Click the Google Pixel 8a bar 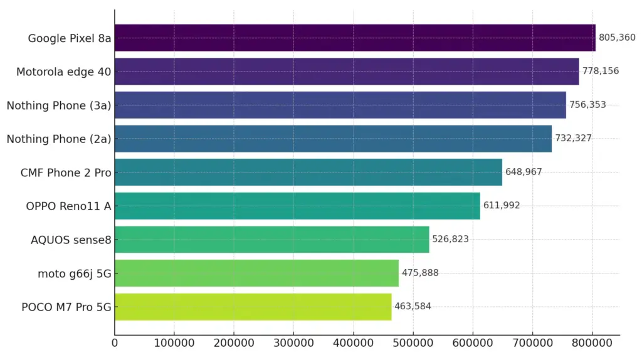point(355,38)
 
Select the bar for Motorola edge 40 point(347,71)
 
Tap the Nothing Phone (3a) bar point(340,105)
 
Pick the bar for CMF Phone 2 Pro point(308,172)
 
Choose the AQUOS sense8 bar point(271,239)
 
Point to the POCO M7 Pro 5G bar point(253,307)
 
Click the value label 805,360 point(617,38)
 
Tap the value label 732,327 point(573,139)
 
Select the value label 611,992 point(501,206)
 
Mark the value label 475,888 point(420,273)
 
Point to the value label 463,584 point(413,307)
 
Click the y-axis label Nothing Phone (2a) point(59,139)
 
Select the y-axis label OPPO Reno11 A point(68,206)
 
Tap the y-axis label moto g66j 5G point(74,273)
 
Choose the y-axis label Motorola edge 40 point(64,72)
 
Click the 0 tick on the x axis point(115,344)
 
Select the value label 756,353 point(587,105)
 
